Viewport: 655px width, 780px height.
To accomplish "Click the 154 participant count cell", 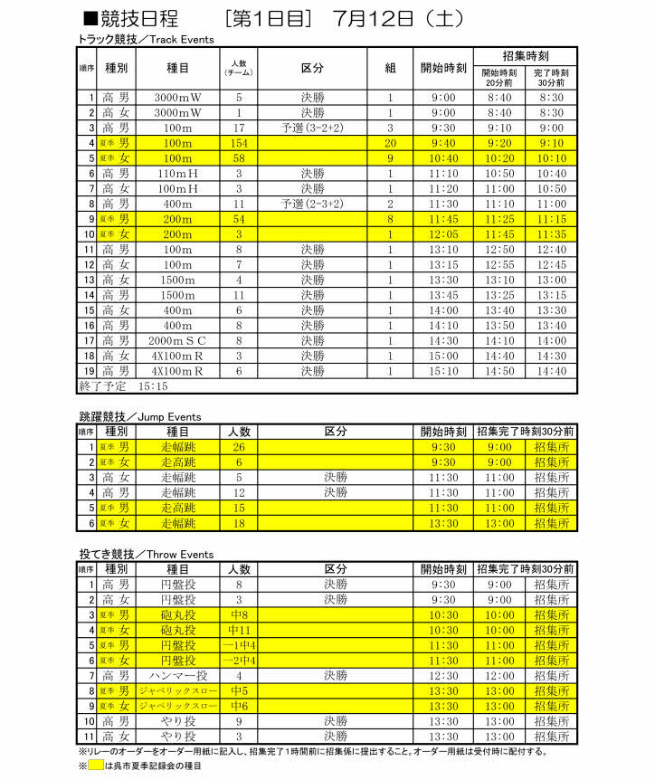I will point(239,143).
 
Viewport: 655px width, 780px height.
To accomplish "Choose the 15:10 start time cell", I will point(443,371).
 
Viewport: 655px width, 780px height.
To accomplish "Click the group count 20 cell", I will point(390,143).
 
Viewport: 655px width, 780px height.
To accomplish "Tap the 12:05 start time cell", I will point(443,233).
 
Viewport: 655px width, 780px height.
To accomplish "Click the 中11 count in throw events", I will point(239,629).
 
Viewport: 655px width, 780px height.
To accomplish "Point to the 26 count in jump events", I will point(239,447).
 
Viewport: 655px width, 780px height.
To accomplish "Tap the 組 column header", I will point(390,68).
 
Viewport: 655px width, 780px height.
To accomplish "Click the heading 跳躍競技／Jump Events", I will point(140,417).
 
